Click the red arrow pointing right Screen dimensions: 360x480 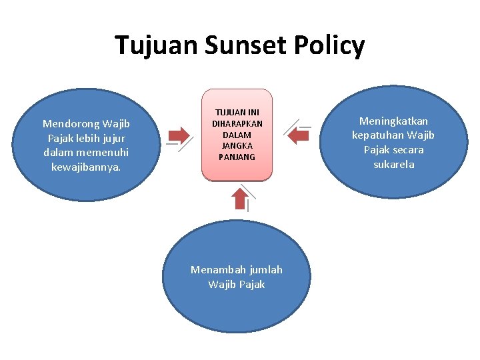179,135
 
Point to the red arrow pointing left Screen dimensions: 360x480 297,135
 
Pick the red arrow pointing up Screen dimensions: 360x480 239,198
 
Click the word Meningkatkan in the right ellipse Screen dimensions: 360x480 393,121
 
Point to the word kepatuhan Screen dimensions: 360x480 380,135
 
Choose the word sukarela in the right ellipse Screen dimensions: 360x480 393,164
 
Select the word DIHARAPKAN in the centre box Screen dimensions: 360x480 237,124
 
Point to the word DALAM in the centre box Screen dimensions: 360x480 237,135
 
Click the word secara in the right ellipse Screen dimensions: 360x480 409,150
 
